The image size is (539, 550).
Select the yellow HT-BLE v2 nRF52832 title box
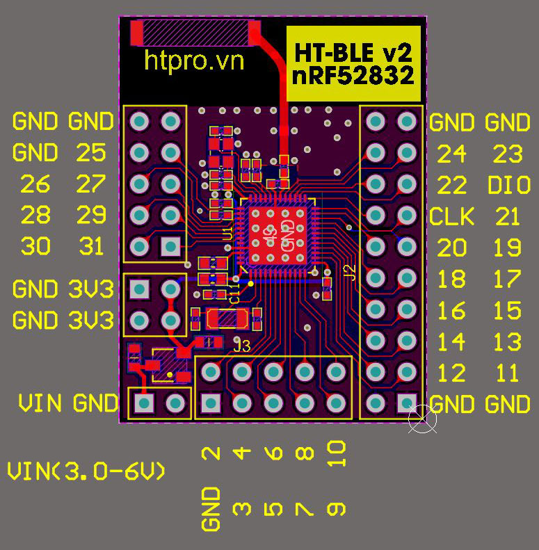tap(353, 64)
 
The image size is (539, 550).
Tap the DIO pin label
tap(509, 185)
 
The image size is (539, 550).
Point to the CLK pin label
tap(451, 216)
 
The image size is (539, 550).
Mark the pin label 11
tap(508, 373)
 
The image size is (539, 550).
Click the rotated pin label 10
tap(336, 453)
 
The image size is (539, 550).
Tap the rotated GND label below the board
tap(211, 508)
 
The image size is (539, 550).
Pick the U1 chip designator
tap(227, 234)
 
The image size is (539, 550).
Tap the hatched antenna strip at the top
tap(196, 32)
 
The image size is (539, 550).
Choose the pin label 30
tap(35, 246)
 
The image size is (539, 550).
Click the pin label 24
tap(451, 154)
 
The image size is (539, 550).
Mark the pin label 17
tap(508, 279)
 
